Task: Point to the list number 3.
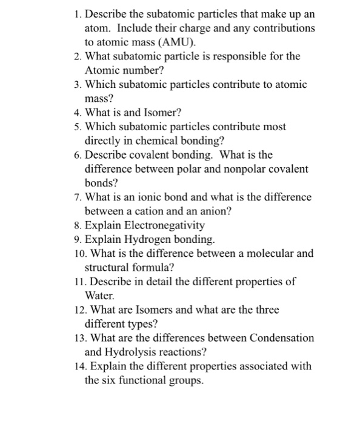pyautogui.click(x=76, y=84)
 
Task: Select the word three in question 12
pyautogui.click(x=266, y=310)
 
